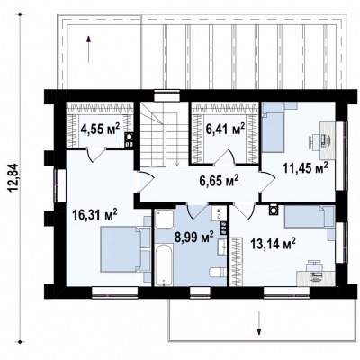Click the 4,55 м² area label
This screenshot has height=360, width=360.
click(x=100, y=129)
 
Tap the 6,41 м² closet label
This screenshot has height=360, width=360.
click(x=225, y=129)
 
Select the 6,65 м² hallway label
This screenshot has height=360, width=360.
click(x=219, y=181)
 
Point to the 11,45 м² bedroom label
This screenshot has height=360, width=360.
click(x=305, y=169)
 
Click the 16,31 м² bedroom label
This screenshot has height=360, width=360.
click(x=94, y=215)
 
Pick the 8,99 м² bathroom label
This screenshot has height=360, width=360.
click(x=193, y=237)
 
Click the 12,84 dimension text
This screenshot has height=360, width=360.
click(x=13, y=177)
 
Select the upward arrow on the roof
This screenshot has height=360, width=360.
click(x=88, y=49)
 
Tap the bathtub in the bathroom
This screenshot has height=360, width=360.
click(x=164, y=265)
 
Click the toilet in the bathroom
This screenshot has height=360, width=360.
click(x=218, y=273)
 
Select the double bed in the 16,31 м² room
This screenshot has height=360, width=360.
click(x=121, y=249)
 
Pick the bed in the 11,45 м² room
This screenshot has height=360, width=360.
click(x=273, y=127)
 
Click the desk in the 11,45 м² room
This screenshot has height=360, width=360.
click(x=328, y=140)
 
